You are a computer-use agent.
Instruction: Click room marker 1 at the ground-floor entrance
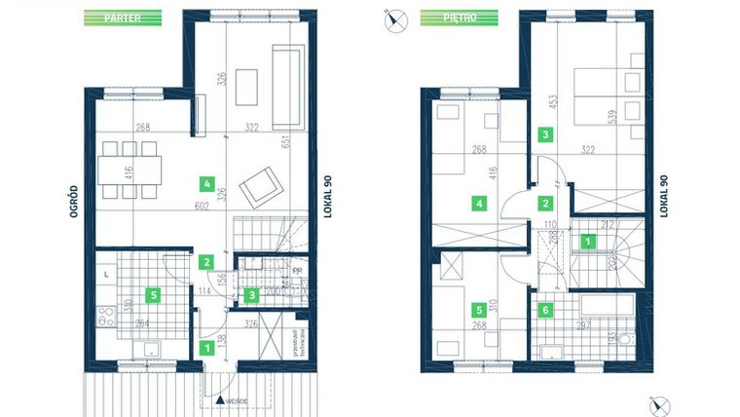(x=205, y=345)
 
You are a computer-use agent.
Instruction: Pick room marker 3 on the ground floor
(x=251, y=294)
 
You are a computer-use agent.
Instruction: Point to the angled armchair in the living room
(x=259, y=185)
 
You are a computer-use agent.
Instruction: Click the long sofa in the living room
(x=288, y=87)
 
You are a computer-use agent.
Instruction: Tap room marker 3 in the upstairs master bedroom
(x=546, y=134)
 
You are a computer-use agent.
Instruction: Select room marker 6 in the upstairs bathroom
(x=546, y=310)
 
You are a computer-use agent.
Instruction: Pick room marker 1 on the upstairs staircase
(x=587, y=241)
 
